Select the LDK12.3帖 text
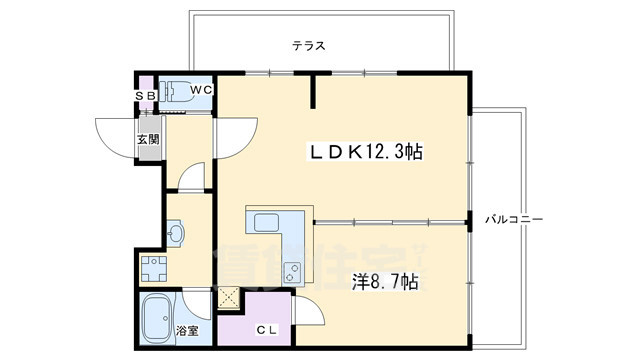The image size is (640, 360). [364, 151]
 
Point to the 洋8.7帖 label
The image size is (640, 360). [385, 282]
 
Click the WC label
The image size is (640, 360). [201, 90]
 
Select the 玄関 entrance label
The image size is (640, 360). [148, 139]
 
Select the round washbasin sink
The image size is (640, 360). [175, 233]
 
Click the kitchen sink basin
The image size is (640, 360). [268, 221]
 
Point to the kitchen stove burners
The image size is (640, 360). [291, 269]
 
